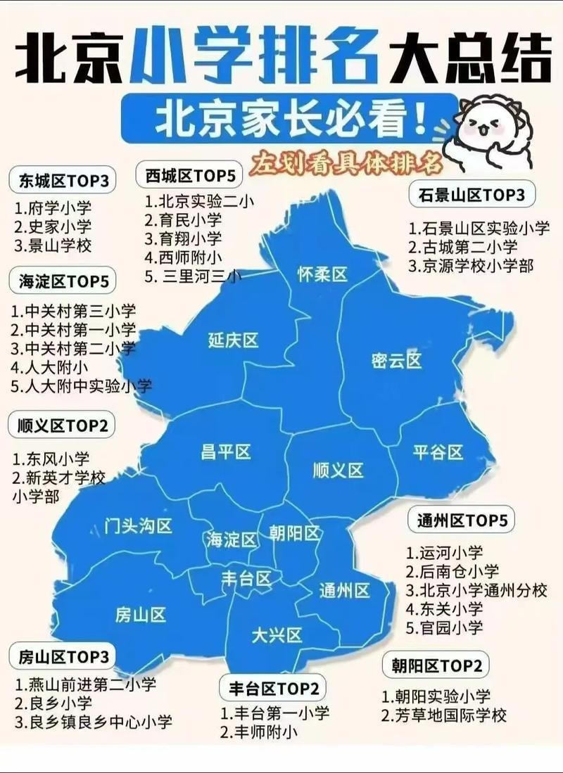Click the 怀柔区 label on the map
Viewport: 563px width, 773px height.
pos(322,274)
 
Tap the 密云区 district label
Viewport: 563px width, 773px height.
pos(396,361)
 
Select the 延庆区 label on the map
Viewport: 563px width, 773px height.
pos(233,341)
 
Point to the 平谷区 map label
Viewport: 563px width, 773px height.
pos(438,452)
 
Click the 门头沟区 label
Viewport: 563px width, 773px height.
pos(138,525)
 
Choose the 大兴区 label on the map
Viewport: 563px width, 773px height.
pos(277,636)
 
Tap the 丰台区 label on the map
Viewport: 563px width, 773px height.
pos(246,579)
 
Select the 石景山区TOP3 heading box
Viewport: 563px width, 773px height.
pos(472,195)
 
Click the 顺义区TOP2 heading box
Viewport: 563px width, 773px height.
pos(62,426)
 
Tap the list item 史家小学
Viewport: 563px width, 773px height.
pos(53,227)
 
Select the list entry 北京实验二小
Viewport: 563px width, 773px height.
pos(200,200)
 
